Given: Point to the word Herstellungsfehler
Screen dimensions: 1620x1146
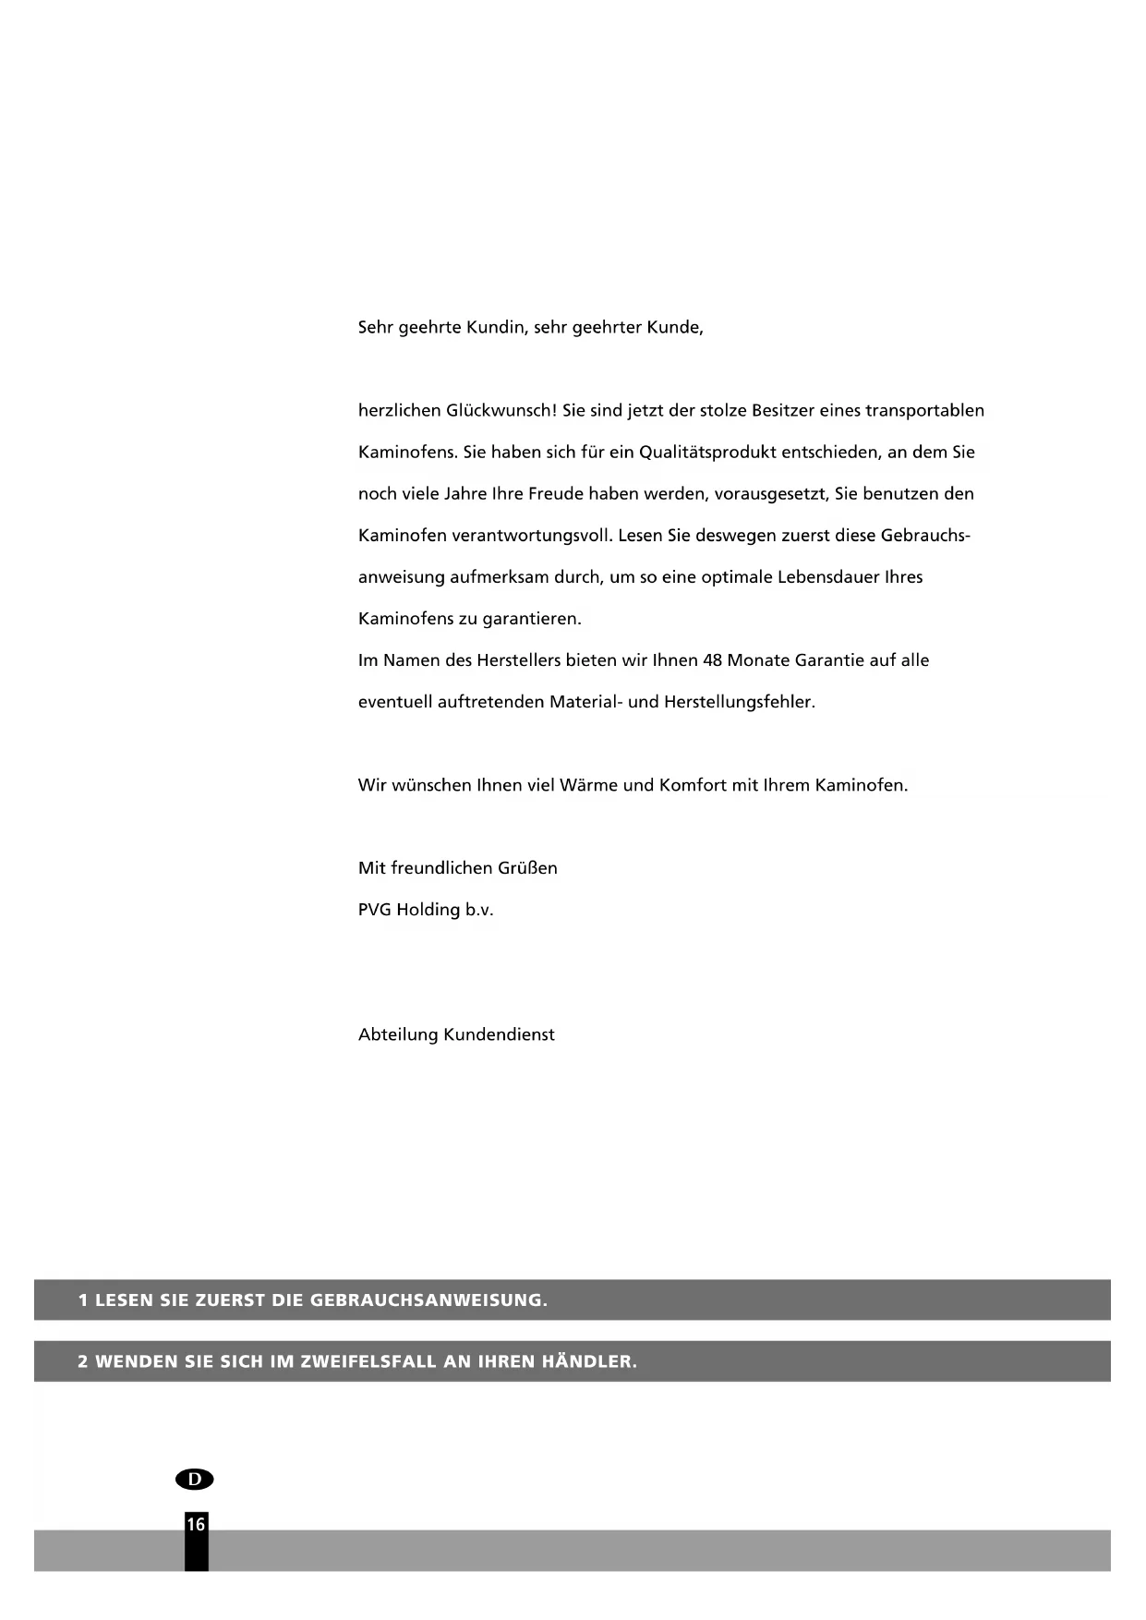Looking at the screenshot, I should (739, 702).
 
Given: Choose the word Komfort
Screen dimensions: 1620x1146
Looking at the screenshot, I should (692, 786).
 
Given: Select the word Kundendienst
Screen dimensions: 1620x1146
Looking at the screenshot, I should (499, 1035).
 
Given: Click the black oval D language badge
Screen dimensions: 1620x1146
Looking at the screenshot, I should (194, 1479).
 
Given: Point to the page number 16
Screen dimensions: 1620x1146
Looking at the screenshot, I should (196, 1525).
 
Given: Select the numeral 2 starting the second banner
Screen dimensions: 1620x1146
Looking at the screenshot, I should (83, 1362).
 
